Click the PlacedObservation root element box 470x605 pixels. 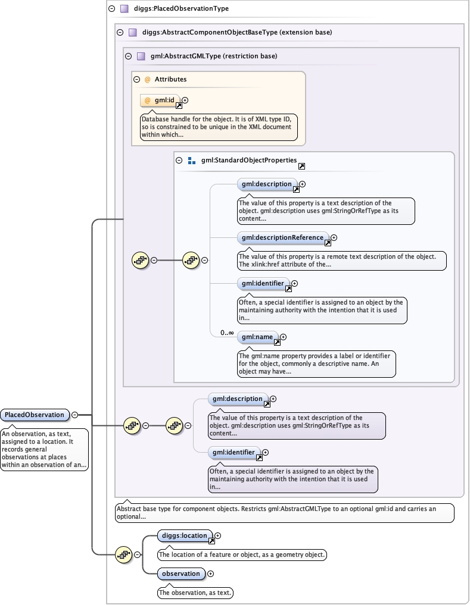tap(35, 415)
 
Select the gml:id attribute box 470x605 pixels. tap(160, 101)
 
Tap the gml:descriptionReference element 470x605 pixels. tap(284, 238)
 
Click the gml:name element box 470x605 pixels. tap(258, 337)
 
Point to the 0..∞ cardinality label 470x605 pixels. tap(227, 333)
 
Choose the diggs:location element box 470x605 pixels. tap(185, 535)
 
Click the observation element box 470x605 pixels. tap(181, 573)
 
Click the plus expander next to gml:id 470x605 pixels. tap(185, 101)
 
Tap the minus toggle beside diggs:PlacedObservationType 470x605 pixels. tap(112, 8)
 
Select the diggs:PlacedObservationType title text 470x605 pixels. tap(181, 8)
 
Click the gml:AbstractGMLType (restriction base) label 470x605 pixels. tap(214, 56)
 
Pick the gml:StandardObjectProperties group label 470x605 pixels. tap(249, 160)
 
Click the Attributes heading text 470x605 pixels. tap(170, 79)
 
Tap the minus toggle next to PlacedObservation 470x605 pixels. tap(75, 415)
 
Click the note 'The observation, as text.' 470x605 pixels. tap(195, 593)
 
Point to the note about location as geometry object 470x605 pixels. tap(242, 554)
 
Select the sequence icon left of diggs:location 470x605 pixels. tap(124, 555)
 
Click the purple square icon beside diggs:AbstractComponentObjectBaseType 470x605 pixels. tap(133, 32)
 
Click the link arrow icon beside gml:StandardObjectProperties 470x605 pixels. tap(301, 167)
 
